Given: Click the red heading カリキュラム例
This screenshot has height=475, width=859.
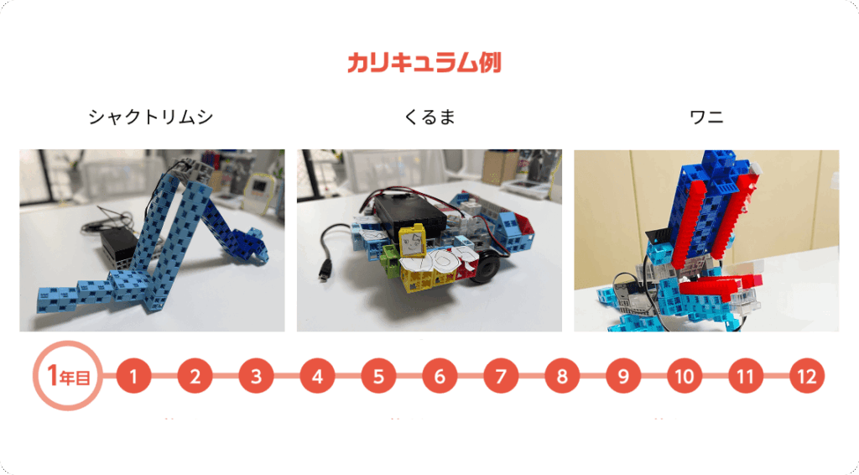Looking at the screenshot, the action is pyautogui.click(x=424, y=62).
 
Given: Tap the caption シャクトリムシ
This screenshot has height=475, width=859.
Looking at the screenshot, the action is pyautogui.click(x=151, y=117).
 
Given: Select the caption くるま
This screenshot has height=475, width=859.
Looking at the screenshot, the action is pyautogui.click(x=429, y=117).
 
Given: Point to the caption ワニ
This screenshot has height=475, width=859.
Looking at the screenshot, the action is pyautogui.click(x=706, y=117).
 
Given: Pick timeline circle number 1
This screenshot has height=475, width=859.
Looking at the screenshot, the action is pyautogui.click(x=133, y=376).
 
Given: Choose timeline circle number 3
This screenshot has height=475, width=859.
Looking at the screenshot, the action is pyautogui.click(x=256, y=376).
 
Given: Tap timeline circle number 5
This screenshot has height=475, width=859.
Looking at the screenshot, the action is pyautogui.click(x=378, y=376).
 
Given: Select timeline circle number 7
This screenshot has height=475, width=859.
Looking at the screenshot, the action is pyautogui.click(x=501, y=376).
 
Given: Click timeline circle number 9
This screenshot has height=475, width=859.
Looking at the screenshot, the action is pyautogui.click(x=623, y=376).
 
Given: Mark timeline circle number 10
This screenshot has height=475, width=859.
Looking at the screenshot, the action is pyautogui.click(x=685, y=376).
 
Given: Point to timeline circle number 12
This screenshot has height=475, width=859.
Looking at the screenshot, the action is pyautogui.click(x=807, y=376).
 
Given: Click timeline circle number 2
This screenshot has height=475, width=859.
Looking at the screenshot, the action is pyautogui.click(x=195, y=376).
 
